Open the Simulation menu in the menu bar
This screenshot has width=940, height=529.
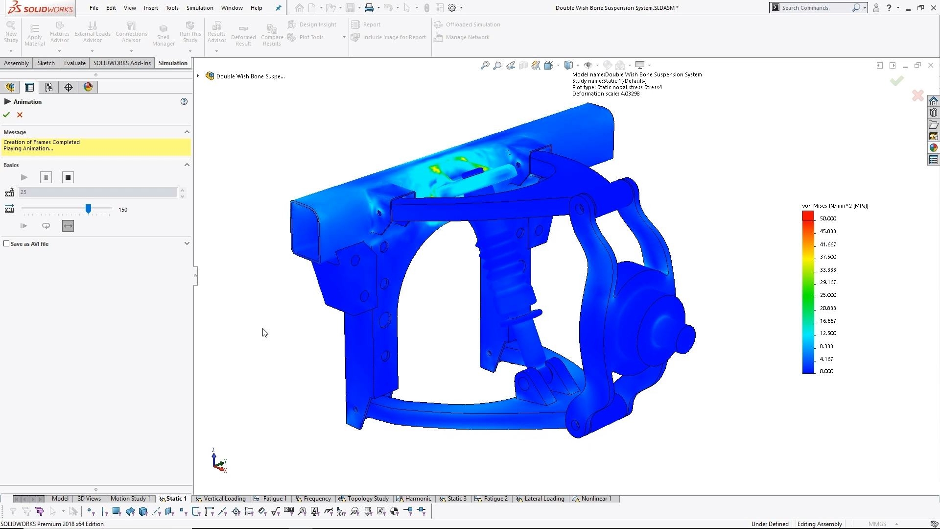(x=200, y=8)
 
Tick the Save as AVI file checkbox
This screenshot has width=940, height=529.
(x=6, y=243)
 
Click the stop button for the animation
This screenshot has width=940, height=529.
(x=68, y=177)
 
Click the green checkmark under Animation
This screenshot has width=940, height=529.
(x=6, y=115)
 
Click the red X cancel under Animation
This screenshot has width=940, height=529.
(x=20, y=115)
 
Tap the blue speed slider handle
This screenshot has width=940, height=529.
(x=88, y=209)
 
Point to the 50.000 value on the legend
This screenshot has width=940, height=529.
(x=828, y=218)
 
